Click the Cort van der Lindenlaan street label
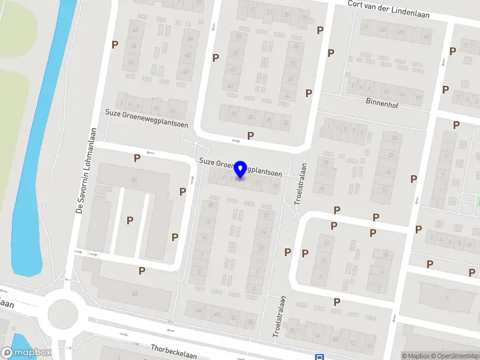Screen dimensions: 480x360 (389, 9)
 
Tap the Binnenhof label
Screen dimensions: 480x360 (382, 102)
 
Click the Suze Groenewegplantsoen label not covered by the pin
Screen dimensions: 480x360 (146, 113)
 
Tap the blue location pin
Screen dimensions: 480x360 (241, 169)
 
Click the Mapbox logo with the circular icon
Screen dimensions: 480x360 (26, 353)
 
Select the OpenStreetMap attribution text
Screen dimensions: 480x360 (457, 356)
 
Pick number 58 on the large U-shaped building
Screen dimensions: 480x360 (134, 179)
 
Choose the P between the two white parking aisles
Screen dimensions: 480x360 (130, 220)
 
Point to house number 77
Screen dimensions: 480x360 (466, 46)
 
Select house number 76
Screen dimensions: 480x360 (369, 346)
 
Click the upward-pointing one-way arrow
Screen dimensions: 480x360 (192, 179)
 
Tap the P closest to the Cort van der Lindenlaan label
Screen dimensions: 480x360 (320, 30)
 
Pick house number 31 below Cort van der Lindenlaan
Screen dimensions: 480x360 (365, 27)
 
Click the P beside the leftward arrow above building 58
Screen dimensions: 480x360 (137, 158)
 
